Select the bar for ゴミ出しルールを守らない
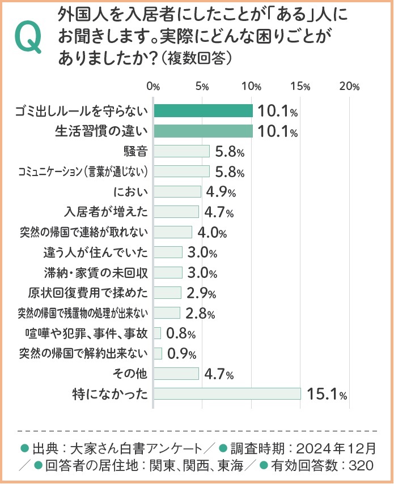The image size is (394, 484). coord(203,111)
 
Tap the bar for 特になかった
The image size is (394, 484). coord(227,393)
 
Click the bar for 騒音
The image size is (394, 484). coord(181,151)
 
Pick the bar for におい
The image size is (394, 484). coord(177,191)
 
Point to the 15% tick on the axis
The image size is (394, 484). coord(301,87)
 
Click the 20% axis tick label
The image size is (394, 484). coord(350,87)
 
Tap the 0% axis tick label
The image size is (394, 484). coord(153,87)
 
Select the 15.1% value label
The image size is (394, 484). coord(327,393)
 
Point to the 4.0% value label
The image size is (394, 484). coord(212,232)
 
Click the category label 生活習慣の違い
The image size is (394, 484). coord(101,131)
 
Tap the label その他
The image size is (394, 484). coord(132,373)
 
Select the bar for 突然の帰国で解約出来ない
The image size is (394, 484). coord(158,353)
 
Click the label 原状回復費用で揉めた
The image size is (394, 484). coord(88,293)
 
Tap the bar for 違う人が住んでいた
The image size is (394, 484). coord(168,252)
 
